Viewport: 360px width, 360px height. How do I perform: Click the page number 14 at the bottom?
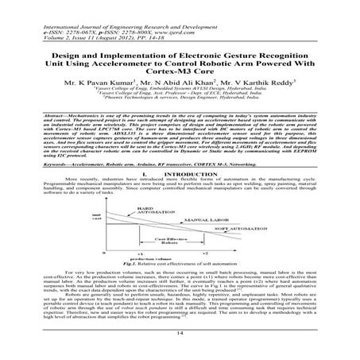click(180, 339)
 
